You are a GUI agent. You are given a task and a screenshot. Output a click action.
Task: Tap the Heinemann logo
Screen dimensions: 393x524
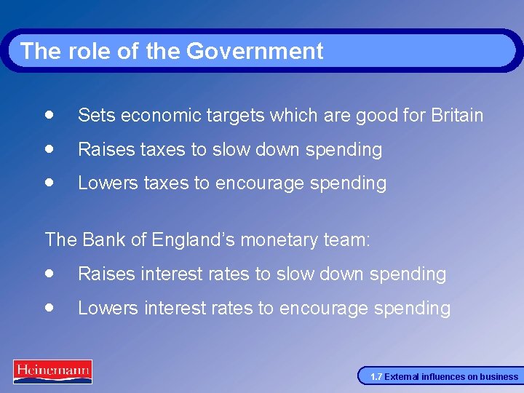click(52, 371)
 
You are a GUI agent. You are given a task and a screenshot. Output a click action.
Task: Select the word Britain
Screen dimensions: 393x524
click(457, 116)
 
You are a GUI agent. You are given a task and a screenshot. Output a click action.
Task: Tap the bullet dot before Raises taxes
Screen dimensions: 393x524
click(49, 148)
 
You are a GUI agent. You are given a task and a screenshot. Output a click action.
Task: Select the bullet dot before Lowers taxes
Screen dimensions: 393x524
click(49, 182)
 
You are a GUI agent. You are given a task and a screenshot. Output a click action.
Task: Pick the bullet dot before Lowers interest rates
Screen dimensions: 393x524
click(49, 307)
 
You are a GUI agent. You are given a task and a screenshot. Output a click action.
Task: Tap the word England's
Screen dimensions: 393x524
click(191, 239)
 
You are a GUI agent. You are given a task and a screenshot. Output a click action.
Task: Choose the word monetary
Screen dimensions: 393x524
click(286, 240)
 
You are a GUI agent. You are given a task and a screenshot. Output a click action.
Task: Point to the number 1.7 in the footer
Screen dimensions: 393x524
click(376, 377)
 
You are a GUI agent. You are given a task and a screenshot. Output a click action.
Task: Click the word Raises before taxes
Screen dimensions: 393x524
click(106, 149)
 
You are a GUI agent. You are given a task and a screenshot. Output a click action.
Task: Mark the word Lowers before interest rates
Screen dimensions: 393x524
click(108, 308)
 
